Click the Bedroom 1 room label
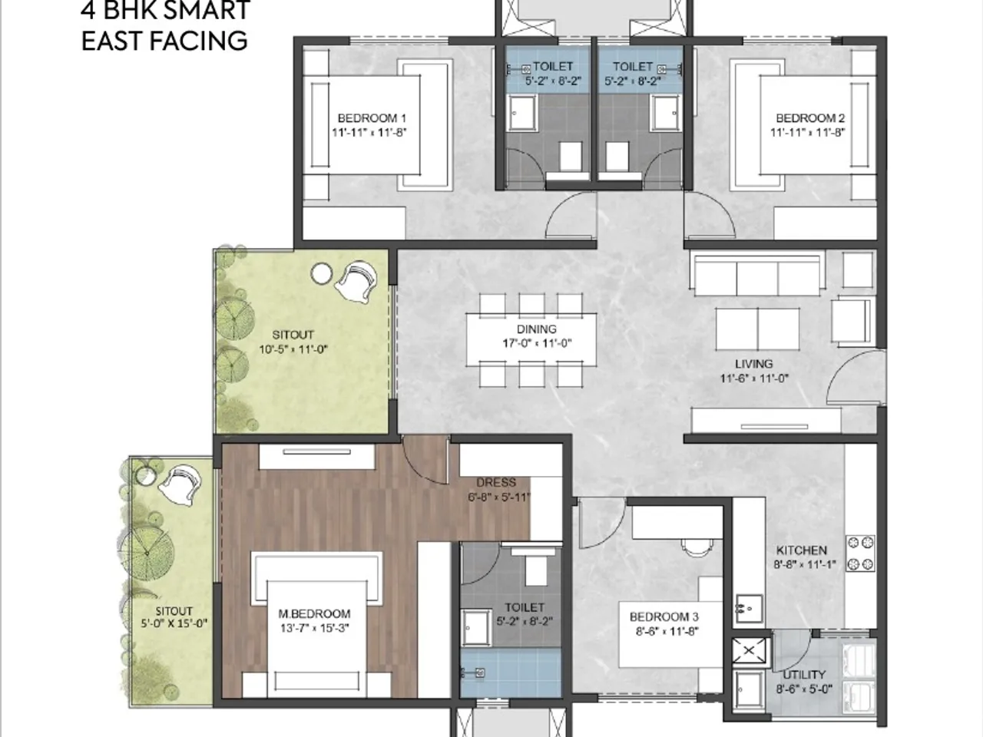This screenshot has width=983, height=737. [372, 118]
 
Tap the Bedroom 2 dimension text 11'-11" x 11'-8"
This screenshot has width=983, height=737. [810, 132]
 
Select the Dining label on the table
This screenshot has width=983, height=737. [536, 329]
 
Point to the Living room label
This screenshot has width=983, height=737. [753, 364]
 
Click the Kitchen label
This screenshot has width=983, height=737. [801, 550]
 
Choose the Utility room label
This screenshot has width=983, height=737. [803, 675]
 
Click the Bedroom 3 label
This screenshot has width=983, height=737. [664, 617]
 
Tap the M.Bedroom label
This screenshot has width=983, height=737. [314, 614]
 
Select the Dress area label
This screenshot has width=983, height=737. [496, 483]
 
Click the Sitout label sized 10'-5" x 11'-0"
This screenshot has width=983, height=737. [293, 335]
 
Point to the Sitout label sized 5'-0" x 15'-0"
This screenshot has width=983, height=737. [174, 612]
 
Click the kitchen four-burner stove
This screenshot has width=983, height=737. [860, 554]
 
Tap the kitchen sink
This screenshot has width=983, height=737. [746, 608]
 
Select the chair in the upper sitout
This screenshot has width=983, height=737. [356, 283]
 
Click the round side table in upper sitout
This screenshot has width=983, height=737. [321, 273]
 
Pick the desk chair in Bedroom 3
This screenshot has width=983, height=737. [697, 546]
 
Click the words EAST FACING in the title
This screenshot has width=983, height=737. [164, 40]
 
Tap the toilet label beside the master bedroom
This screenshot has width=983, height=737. [525, 607]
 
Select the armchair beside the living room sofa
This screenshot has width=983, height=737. [852, 316]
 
